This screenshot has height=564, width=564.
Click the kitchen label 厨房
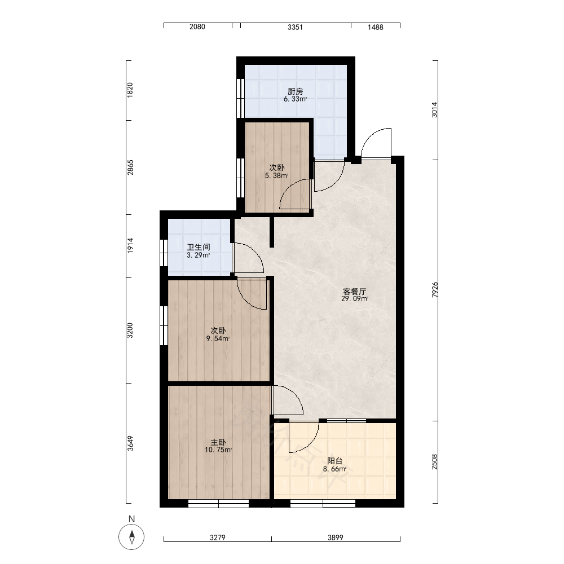pos(296,91)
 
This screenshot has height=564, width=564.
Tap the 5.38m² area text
pos(276,176)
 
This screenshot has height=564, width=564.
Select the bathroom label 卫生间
pos(198,247)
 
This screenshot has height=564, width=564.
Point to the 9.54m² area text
pos(218,338)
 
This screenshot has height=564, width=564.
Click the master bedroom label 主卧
pos(218,442)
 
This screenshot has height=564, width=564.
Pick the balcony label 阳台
pos(335,461)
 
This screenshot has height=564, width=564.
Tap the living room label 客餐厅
pos(355,291)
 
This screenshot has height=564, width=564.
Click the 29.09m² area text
pos(355,298)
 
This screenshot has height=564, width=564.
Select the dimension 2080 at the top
pos(197,27)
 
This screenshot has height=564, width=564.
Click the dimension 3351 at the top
pos(295,27)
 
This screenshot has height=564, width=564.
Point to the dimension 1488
pos(375,27)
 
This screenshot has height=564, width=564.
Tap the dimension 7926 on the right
pos(435,289)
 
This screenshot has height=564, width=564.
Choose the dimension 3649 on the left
pos(130,443)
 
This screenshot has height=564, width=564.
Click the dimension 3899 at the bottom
pos(335,537)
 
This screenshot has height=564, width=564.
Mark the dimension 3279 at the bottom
pos(218,537)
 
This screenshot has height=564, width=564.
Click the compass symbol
pos(131,537)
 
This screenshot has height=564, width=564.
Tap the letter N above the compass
pos(131,519)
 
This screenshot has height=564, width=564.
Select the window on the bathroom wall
pos(164,253)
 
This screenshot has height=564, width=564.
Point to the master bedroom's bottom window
pos(218,503)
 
